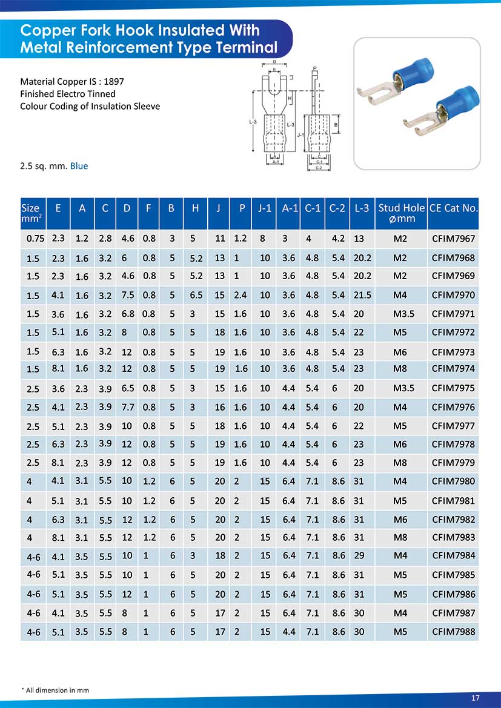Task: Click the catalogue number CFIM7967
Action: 453,239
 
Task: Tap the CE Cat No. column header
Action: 453,208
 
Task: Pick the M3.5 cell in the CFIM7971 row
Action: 400,314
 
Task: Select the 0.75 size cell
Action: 33,239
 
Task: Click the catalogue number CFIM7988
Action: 453,631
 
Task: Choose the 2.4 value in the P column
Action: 241,296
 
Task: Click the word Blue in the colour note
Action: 79,166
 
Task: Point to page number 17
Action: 476,698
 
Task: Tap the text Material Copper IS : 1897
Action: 72,81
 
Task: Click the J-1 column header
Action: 265,208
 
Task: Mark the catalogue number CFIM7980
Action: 453,482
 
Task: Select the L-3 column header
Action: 362,208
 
